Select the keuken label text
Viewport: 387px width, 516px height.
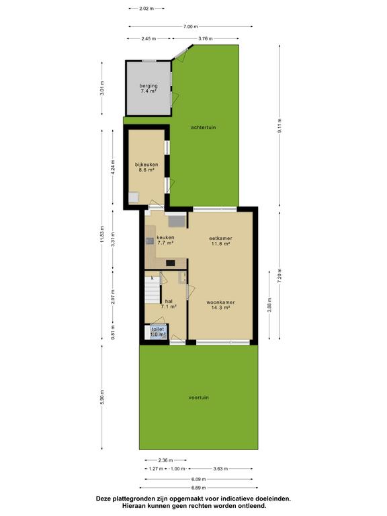165,237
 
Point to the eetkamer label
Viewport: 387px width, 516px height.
220,239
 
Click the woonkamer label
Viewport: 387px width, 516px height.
220,302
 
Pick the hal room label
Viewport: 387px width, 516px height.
169,301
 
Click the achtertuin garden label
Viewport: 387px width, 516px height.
204,128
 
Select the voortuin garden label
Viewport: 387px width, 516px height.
198,398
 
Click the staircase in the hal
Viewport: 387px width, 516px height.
152,290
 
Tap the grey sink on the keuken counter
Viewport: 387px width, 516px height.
150,241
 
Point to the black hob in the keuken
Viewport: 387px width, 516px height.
171,263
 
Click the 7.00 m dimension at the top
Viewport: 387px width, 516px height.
191,26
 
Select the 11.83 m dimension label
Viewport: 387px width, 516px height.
102,234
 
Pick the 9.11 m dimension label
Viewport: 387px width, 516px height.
279,126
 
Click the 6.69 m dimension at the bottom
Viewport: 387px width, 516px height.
198,488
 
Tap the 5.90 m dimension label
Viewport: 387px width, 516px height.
102,397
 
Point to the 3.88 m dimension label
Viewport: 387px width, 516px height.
269,305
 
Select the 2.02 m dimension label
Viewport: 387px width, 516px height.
146,9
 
